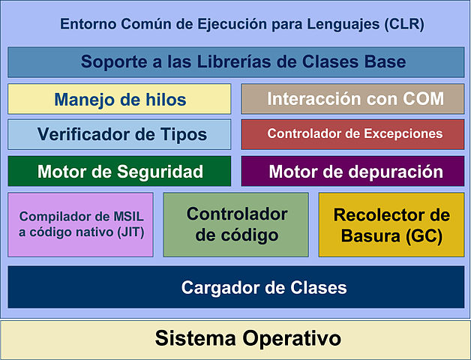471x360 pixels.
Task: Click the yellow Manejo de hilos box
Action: pyautogui.click(x=119, y=99)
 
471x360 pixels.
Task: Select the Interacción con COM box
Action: pyautogui.click(x=352, y=99)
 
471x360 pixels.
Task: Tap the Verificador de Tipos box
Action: pyautogui.click(x=119, y=134)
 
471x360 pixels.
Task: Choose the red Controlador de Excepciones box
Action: pyautogui.click(x=352, y=134)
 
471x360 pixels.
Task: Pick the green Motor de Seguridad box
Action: pyautogui.click(x=119, y=171)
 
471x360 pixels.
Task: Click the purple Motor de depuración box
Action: pyautogui.click(x=352, y=171)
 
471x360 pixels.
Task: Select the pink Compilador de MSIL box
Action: pyautogui.click(x=80, y=225)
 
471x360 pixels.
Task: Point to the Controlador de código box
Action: pyautogui.click(x=235, y=225)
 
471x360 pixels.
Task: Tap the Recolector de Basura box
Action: pyautogui.click(x=391, y=225)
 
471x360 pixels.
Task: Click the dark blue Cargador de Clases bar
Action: pyautogui.click(x=236, y=287)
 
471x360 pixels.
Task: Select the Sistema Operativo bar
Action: pyautogui.click(x=235, y=340)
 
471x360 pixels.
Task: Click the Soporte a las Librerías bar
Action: pyautogui.click(x=236, y=62)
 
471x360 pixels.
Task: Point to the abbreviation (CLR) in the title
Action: pyautogui.click(x=404, y=24)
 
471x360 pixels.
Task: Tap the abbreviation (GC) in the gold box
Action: pyautogui.click(x=424, y=236)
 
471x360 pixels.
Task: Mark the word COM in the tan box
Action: pyautogui.click(x=423, y=98)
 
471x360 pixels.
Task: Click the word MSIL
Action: pyautogui.click(x=128, y=217)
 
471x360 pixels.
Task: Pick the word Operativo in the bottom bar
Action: pyautogui.click(x=292, y=339)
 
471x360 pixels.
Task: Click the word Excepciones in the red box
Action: pyautogui.click(x=403, y=134)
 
